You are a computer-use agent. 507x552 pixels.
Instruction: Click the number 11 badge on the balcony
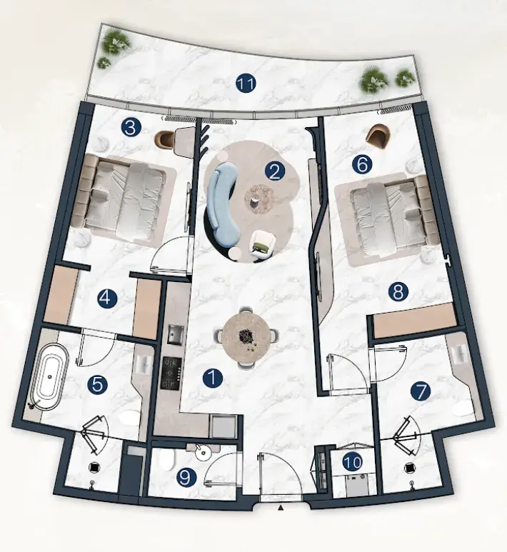pyautogui.click(x=246, y=84)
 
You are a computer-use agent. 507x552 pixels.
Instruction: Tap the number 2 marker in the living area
pyautogui.click(x=275, y=172)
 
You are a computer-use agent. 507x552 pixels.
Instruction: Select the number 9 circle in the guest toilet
pyautogui.click(x=186, y=477)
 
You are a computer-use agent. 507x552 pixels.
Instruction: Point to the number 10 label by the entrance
pyautogui.click(x=353, y=462)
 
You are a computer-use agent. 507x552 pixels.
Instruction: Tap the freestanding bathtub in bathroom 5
pyautogui.click(x=49, y=377)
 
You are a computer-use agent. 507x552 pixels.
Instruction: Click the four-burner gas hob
pyautogui.click(x=172, y=373)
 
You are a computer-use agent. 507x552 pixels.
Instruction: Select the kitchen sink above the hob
pyautogui.click(x=176, y=333)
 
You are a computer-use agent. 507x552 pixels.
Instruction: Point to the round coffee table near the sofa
pyautogui.click(x=260, y=199)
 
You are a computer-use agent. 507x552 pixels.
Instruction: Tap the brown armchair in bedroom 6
pyautogui.click(x=378, y=138)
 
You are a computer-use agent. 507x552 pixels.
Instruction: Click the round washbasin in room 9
pyautogui.click(x=203, y=453)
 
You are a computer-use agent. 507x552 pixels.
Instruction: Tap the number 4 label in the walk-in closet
pyautogui.click(x=107, y=299)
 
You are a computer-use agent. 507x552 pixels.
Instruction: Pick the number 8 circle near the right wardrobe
pyautogui.click(x=398, y=292)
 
